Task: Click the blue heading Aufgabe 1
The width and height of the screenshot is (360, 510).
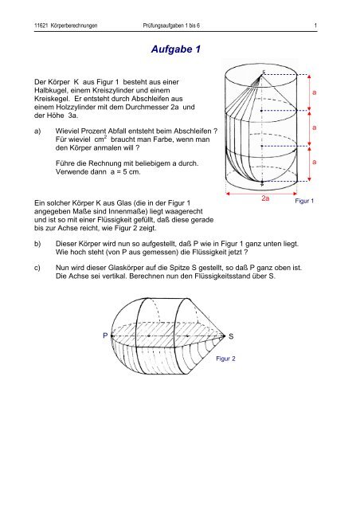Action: pos(176,49)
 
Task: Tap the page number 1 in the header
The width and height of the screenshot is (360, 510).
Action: pos(315,25)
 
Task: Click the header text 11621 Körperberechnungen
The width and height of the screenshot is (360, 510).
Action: pos(65,25)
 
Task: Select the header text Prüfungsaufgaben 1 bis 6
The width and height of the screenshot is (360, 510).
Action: pos(171,25)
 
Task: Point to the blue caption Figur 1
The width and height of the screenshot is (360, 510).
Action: pos(304,201)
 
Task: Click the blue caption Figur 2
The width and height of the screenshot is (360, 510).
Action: pos(225,359)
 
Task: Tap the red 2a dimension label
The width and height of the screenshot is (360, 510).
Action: pos(265,198)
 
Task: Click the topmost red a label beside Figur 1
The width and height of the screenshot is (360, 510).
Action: pos(314,92)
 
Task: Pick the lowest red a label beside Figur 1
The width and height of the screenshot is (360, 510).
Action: pos(314,162)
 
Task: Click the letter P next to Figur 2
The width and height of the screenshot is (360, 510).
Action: pos(105,335)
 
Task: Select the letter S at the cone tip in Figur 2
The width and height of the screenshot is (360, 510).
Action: pos(231,336)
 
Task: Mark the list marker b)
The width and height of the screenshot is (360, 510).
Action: pos(37,244)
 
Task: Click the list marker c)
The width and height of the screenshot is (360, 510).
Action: pos(37,268)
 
